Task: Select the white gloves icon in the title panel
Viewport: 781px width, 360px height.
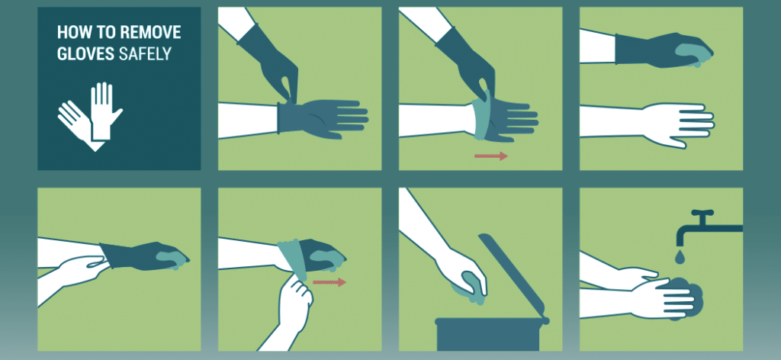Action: (x=90, y=115)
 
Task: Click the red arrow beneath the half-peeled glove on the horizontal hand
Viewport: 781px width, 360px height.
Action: (x=490, y=156)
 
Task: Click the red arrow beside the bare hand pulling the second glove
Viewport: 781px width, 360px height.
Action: (x=329, y=282)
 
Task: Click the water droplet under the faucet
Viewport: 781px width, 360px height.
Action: (x=679, y=255)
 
